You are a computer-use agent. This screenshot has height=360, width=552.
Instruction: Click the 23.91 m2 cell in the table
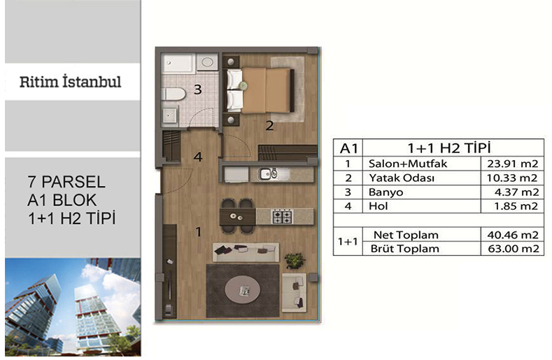pyautogui.click(x=513, y=164)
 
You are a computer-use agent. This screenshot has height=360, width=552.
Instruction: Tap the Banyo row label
pyautogui.click(x=385, y=192)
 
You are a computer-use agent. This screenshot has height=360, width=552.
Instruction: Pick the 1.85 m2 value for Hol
pyautogui.click(x=516, y=206)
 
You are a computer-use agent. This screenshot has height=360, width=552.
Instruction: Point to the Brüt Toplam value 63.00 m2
pyautogui.click(x=514, y=249)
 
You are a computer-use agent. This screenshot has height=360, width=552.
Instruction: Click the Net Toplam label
pyautogui.click(x=406, y=235)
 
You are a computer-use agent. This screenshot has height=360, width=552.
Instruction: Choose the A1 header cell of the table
pyautogui.click(x=348, y=148)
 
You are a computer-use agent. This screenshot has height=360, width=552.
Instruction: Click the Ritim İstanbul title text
pyautogui.click(x=71, y=82)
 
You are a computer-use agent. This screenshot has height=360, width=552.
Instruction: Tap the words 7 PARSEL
pyautogui.click(x=66, y=182)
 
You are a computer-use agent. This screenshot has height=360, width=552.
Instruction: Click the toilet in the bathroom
pyautogui.click(x=174, y=95)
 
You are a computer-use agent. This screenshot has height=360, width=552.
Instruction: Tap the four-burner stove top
pyautogui.click(x=283, y=217)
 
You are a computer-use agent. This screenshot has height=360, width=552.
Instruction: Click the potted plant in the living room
pyautogui.click(x=295, y=261)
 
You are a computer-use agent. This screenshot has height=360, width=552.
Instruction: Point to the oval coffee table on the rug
pyautogui.click(x=243, y=290)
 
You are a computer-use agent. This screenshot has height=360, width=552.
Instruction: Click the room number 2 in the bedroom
pyautogui.click(x=269, y=126)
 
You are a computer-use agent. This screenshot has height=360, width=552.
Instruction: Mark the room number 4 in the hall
pyautogui.click(x=198, y=157)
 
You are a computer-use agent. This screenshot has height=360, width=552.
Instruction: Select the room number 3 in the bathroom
pyautogui.click(x=198, y=89)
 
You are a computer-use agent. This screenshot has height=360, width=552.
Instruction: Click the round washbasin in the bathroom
pyautogui.click(x=207, y=63)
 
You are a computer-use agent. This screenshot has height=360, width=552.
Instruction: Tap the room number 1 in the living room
pyautogui.click(x=199, y=232)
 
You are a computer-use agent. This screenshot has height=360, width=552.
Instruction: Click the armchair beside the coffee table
pyautogui.click(x=294, y=293)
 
